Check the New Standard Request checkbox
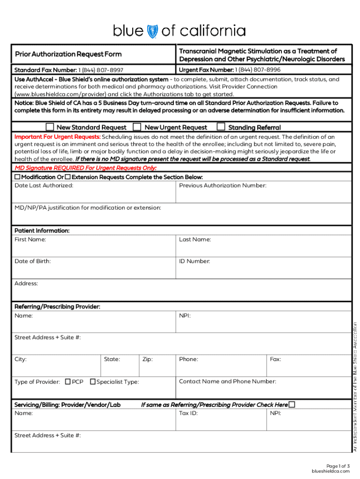tap(50, 127)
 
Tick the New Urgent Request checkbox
tap(137, 127)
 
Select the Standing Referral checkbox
tap(221, 127)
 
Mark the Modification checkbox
tap(17, 177)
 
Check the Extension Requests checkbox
tap(68, 177)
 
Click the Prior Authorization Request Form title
tap(68, 54)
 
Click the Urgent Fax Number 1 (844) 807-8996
tap(230, 70)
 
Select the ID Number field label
tap(194, 261)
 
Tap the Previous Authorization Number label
tap(223, 186)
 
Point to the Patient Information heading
tap(42, 231)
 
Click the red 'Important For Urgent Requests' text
tap(58, 137)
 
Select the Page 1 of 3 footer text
tap(338, 466)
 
